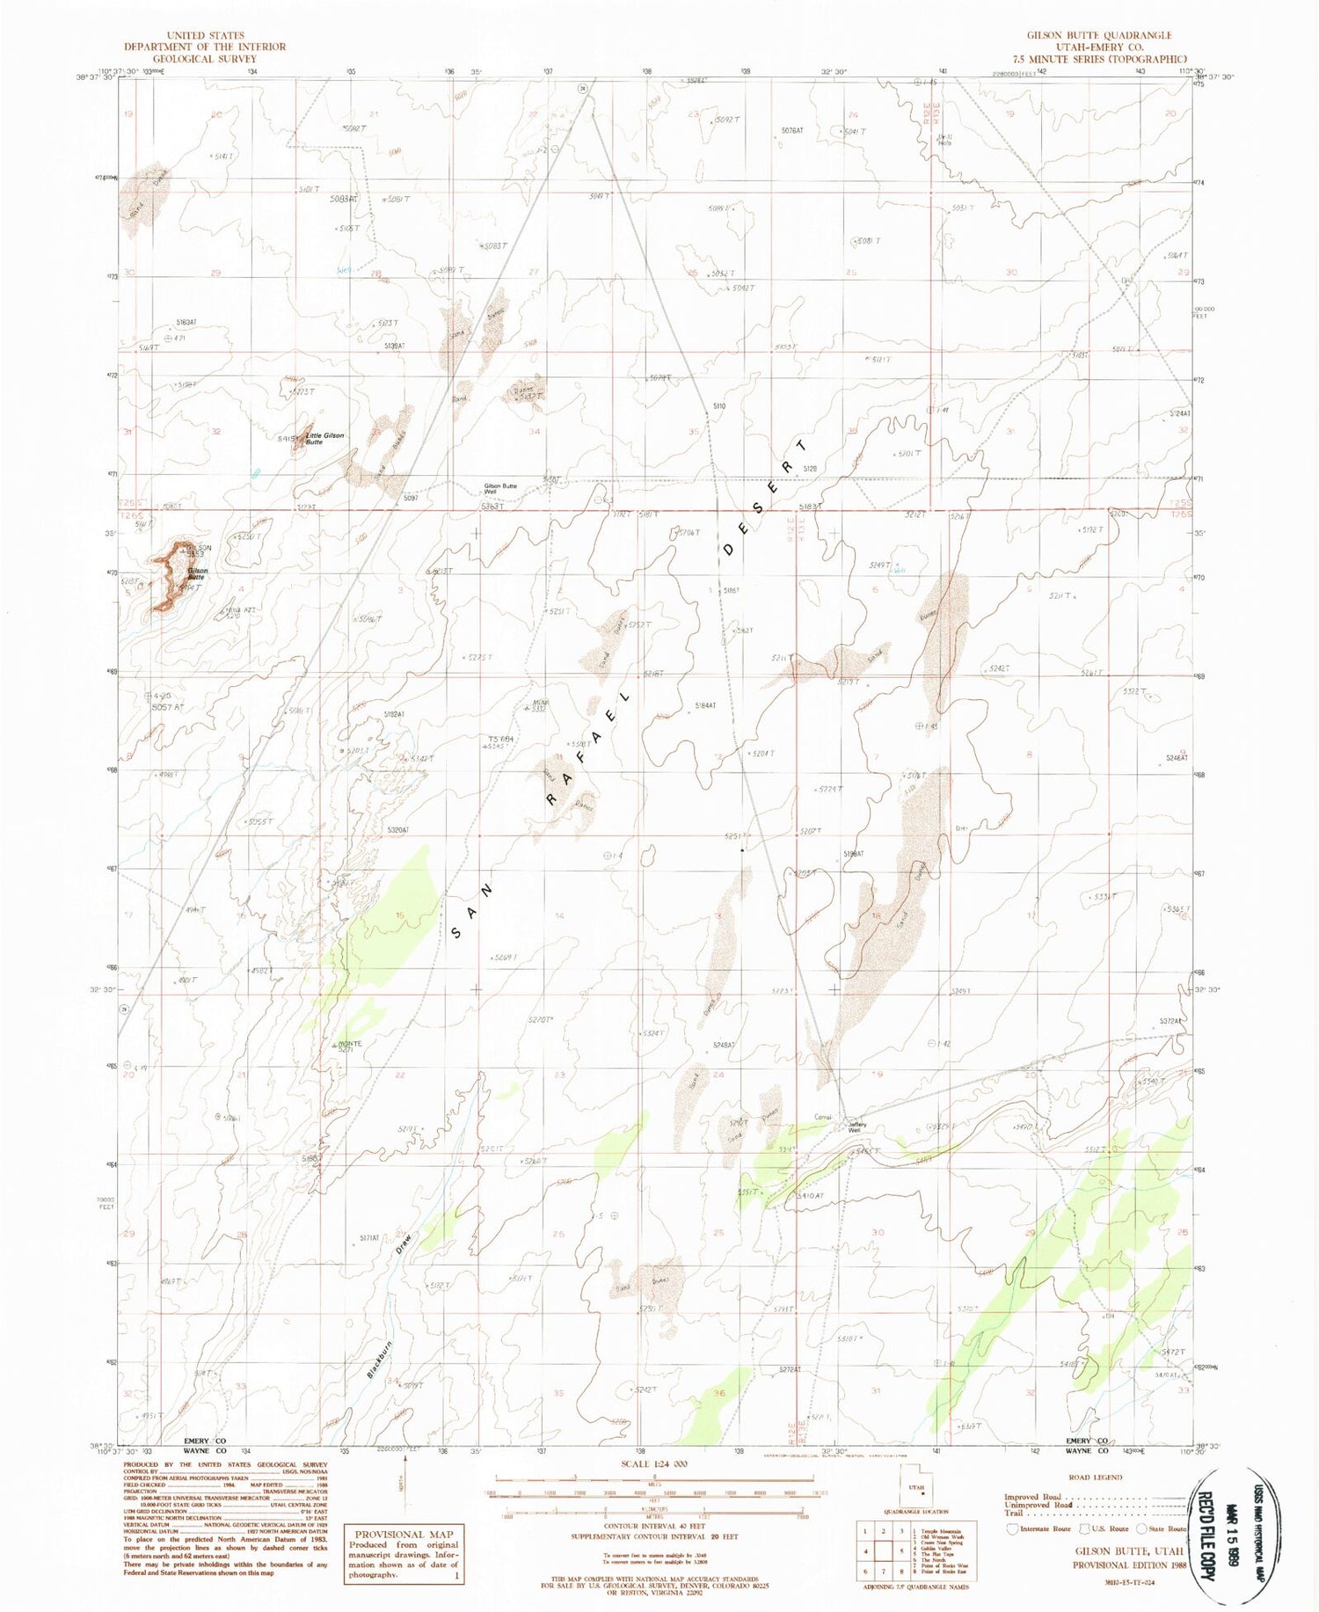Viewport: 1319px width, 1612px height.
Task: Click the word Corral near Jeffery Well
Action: coord(823,1117)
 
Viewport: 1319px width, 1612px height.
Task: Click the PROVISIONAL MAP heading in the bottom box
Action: coord(404,1534)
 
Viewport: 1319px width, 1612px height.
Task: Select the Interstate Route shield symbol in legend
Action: coord(1013,1528)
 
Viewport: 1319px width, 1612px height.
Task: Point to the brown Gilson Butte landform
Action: coord(172,576)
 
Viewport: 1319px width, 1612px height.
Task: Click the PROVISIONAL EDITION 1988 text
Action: coord(1127,1565)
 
